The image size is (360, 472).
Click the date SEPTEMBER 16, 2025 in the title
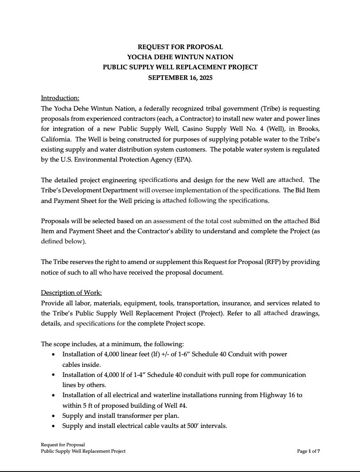tap(180, 78)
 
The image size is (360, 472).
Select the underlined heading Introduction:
tap(60, 98)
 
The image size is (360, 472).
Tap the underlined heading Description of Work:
tap(71, 292)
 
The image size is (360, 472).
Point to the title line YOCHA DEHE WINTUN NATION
tap(180, 57)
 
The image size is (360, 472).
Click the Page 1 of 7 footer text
tap(308, 451)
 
